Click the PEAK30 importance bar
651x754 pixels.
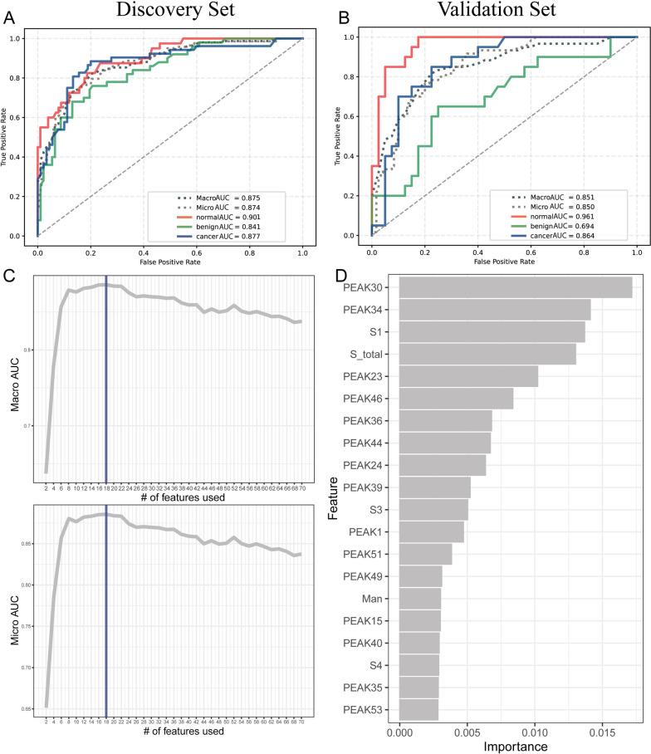(x=515, y=287)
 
